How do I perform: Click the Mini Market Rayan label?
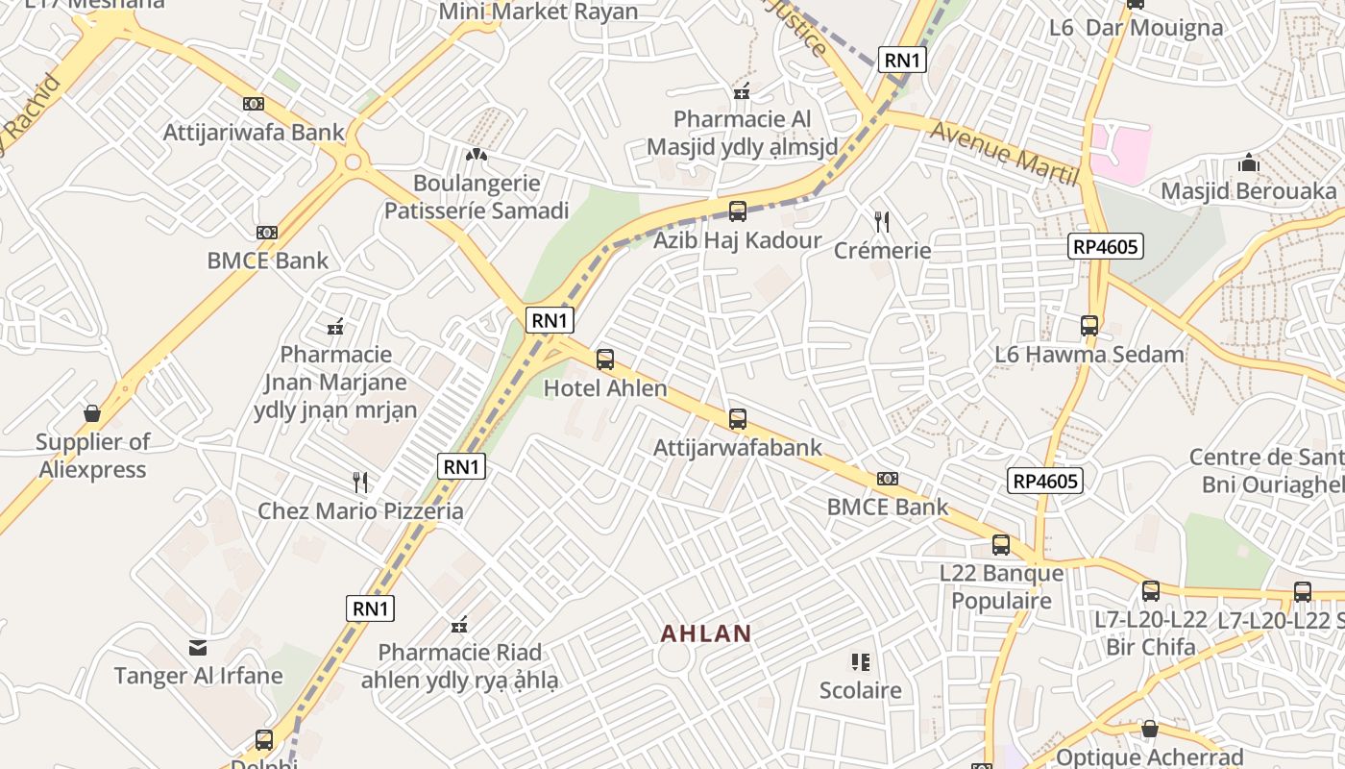click(x=538, y=12)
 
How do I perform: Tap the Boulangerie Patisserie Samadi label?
click(x=477, y=197)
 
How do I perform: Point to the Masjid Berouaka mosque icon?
click(x=1248, y=162)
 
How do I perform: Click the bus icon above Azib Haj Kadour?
click(x=737, y=211)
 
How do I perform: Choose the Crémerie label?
click(x=882, y=251)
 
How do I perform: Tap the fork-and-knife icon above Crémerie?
click(x=882, y=222)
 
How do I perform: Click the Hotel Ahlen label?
click(x=605, y=388)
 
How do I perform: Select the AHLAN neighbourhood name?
click(x=706, y=633)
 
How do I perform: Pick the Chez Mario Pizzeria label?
click(x=360, y=510)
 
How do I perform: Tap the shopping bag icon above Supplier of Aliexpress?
click(x=92, y=413)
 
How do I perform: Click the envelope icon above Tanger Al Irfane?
click(x=198, y=647)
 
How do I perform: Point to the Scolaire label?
click(x=860, y=690)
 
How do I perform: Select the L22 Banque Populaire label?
click(x=1001, y=587)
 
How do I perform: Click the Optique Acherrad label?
click(x=1149, y=757)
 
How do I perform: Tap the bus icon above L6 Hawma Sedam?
click(x=1088, y=326)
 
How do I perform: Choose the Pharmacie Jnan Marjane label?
click(x=335, y=383)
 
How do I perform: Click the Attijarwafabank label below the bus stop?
click(x=738, y=448)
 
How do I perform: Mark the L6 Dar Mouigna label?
click(x=1136, y=27)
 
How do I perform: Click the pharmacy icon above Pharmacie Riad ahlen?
click(x=459, y=625)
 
